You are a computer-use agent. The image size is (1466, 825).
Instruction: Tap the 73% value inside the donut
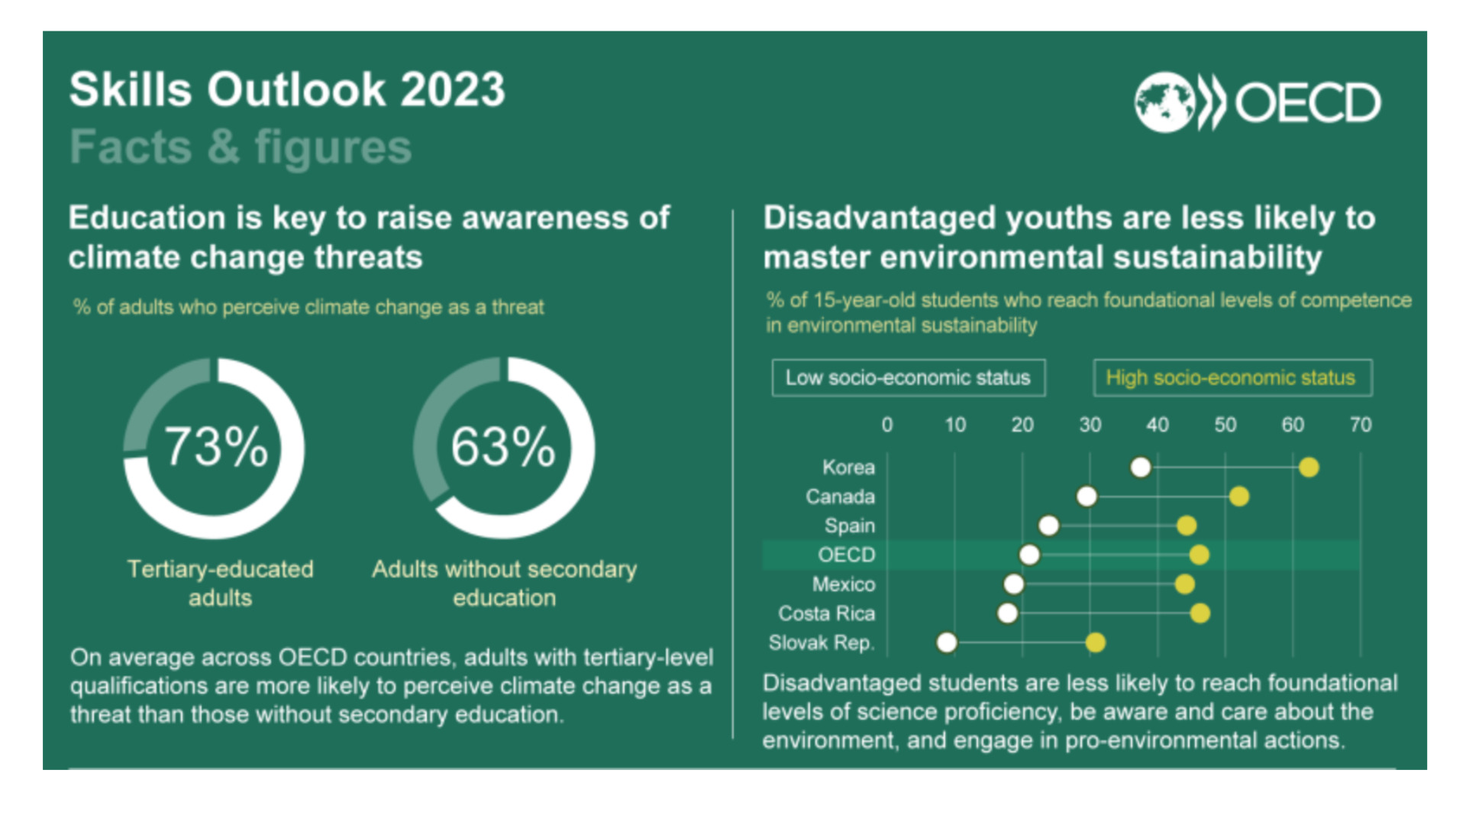[216, 447]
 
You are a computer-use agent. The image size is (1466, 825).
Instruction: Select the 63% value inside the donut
[503, 447]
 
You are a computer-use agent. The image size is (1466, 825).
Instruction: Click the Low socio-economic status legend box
[909, 377]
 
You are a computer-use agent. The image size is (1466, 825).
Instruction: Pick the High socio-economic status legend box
[1232, 377]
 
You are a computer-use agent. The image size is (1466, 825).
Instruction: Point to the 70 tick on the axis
[1361, 425]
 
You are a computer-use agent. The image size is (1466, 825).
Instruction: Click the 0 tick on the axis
[887, 425]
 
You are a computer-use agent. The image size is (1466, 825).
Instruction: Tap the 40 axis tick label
[1158, 425]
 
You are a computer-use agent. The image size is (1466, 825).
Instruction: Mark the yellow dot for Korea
[1309, 467]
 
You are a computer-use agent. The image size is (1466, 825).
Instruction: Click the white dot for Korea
[1141, 467]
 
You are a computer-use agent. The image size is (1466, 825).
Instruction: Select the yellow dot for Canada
[1239, 497]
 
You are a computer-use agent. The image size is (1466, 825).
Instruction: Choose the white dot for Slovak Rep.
[947, 642]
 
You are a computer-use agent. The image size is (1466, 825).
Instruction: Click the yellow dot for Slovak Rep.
[1096, 642]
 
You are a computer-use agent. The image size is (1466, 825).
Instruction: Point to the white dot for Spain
[1049, 526]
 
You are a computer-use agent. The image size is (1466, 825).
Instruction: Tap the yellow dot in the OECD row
[1200, 555]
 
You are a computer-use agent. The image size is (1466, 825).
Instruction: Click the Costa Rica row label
[826, 613]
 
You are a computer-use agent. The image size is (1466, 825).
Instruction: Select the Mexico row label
[844, 584]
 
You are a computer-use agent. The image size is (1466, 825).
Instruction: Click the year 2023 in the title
[453, 89]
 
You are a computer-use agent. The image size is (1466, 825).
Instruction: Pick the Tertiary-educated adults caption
[220, 583]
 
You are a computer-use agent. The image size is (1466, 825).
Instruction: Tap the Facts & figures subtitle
[241, 147]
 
